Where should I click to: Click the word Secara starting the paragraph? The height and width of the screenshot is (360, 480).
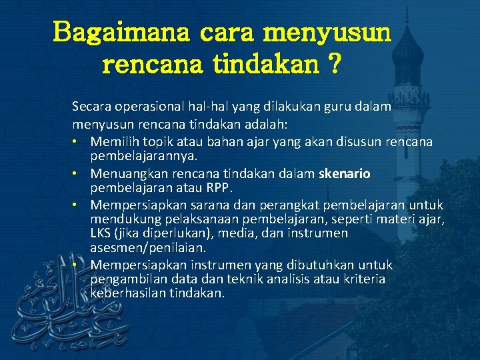pos(91,105)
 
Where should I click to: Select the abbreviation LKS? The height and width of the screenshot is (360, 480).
pos(101,233)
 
